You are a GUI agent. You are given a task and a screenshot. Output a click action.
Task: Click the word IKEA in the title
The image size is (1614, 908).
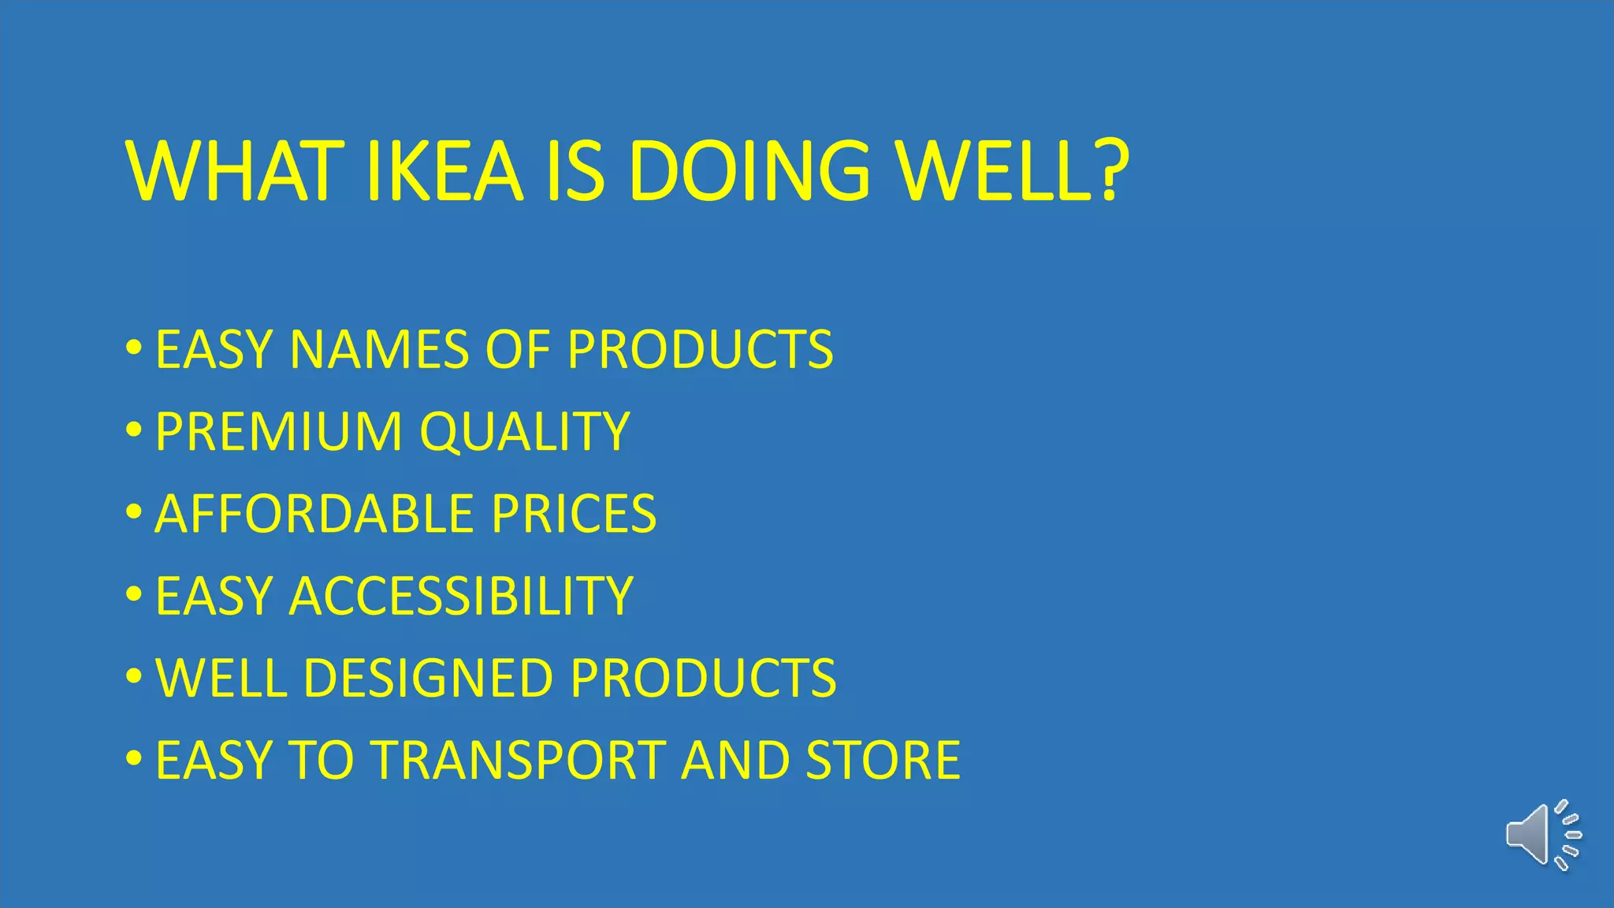[445, 171]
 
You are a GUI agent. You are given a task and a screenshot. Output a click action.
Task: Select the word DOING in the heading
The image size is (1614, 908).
[749, 171]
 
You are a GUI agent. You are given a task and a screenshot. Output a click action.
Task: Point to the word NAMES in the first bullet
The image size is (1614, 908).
[379, 349]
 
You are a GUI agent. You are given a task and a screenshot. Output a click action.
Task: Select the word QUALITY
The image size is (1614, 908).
[525, 432]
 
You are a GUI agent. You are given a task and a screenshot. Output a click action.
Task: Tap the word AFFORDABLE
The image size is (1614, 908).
[314, 514]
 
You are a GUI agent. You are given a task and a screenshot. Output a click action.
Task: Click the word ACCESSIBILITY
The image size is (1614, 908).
[461, 596]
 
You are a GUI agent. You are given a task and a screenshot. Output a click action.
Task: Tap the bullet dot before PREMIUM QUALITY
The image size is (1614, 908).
[134, 430]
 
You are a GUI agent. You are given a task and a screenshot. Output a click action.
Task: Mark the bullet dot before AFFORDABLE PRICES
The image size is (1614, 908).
[134, 512]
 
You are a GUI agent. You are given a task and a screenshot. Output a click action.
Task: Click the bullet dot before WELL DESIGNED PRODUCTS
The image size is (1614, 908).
[134, 676]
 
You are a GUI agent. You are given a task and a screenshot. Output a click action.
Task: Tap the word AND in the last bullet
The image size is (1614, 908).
[735, 761]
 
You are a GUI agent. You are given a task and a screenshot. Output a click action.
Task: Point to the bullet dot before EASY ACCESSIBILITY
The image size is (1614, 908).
[134, 594]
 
